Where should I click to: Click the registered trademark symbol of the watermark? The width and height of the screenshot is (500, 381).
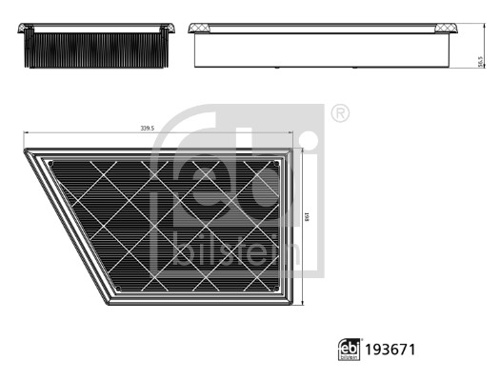coord(339,113)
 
